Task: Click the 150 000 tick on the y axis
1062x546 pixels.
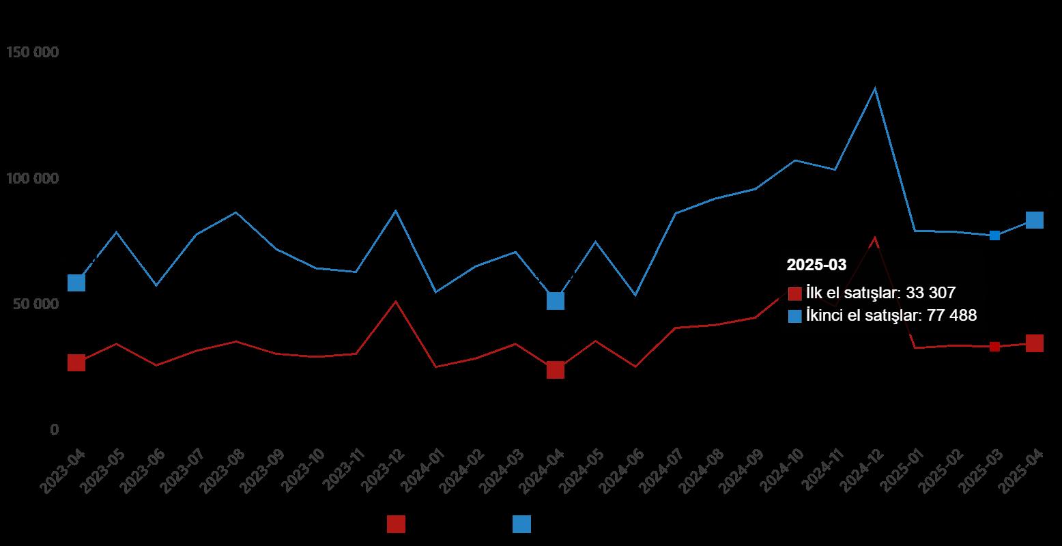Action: click(32, 53)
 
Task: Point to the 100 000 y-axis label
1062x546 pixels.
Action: click(32, 179)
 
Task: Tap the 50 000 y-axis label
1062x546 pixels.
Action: click(35, 304)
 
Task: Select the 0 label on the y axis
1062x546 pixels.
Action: click(54, 430)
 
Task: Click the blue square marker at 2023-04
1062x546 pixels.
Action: click(76, 283)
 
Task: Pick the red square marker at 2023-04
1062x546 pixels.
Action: click(76, 362)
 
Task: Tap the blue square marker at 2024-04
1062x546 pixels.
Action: click(556, 300)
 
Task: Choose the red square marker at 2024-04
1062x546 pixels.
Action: click(556, 370)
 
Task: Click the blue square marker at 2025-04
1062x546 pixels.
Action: click(1035, 220)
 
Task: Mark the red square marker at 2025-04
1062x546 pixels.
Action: click(1035, 343)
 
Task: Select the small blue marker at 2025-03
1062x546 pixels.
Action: click(994, 235)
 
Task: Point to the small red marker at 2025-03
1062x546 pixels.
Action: click(994, 347)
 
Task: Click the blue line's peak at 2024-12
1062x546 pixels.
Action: click(875, 88)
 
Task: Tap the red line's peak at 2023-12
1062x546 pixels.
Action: click(396, 301)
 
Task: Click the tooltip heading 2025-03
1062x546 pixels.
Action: click(816, 265)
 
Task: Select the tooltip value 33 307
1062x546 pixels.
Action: click(930, 293)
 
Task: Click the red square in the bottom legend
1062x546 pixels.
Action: click(396, 524)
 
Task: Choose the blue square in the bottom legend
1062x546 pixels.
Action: click(521, 524)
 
